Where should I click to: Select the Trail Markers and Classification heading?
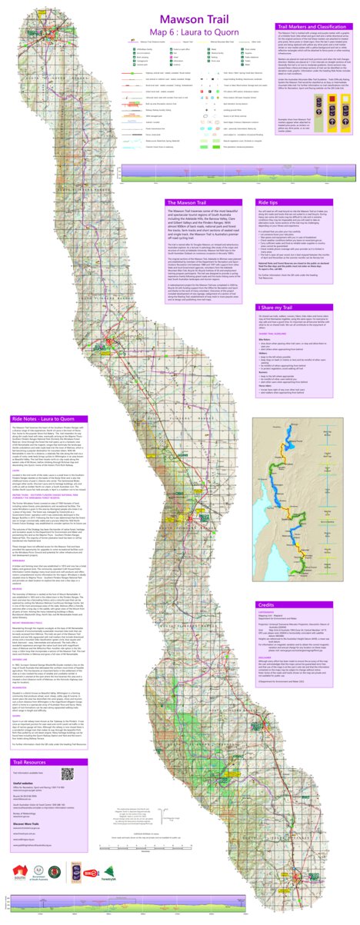point(312,26)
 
